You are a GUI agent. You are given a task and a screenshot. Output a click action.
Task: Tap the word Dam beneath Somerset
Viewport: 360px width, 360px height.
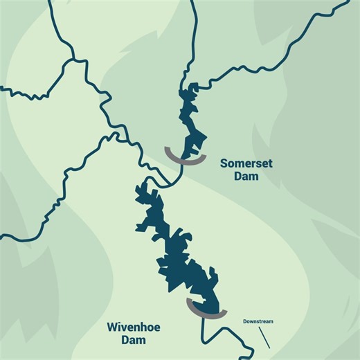(x=246, y=177)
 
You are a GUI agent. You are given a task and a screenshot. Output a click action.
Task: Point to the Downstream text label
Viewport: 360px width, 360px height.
(x=258, y=321)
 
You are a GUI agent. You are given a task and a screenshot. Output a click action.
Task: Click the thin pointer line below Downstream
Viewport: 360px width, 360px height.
(x=264, y=337)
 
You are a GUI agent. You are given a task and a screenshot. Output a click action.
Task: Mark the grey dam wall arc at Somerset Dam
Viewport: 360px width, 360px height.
(x=185, y=158)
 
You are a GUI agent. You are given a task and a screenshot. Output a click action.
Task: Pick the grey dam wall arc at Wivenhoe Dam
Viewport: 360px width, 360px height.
(x=207, y=311)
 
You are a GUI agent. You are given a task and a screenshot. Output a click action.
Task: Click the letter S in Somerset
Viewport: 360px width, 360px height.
(x=224, y=163)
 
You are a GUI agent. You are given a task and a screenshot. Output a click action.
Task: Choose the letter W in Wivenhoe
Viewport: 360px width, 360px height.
(x=111, y=327)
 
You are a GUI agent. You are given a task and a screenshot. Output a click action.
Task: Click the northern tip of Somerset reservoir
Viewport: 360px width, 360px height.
(x=187, y=87)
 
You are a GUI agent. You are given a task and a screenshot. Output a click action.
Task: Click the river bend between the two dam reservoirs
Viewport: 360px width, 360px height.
(x=166, y=181)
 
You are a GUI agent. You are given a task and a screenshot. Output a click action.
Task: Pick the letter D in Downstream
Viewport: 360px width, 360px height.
(x=245, y=321)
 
